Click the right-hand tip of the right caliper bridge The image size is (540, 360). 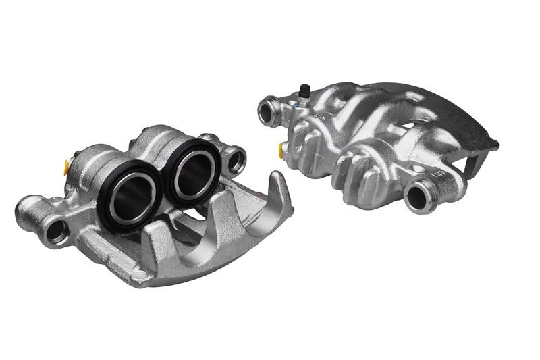click(x=496, y=145)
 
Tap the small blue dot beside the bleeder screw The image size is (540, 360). click(x=295, y=106)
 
